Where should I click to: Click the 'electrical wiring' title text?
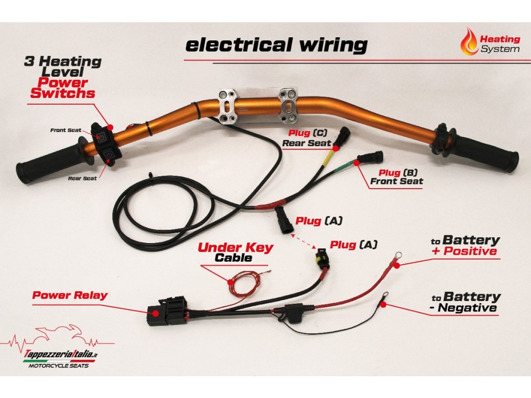tap(276, 45)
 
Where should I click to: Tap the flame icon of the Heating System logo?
tap(470, 42)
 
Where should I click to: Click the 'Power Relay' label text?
tap(69, 295)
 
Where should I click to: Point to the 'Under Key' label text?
tap(235, 247)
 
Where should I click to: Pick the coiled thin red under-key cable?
tap(244, 283)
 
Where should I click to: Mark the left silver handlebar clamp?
tap(228, 107)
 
